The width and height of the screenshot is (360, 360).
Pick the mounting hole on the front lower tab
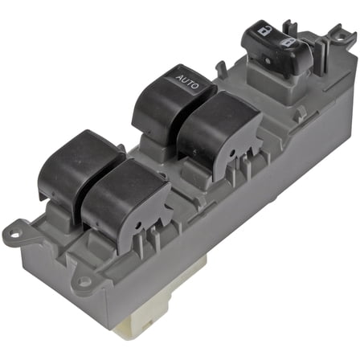click(x=83, y=282)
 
